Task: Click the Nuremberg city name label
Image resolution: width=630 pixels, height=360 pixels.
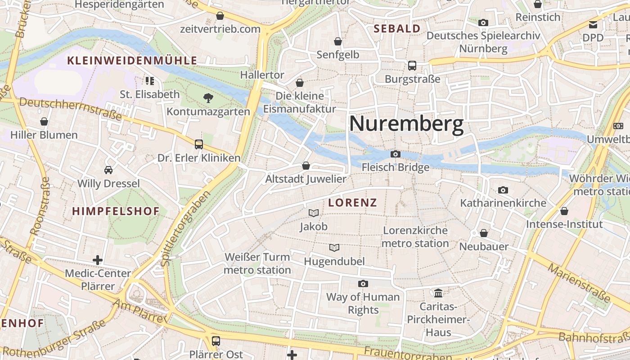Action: click(x=406, y=124)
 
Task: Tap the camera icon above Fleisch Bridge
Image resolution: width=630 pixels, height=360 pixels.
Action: click(x=396, y=154)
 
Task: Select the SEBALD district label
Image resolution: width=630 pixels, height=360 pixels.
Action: click(x=397, y=29)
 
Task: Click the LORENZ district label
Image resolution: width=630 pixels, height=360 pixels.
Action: click(x=352, y=202)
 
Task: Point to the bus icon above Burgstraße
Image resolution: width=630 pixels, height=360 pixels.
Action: click(x=412, y=66)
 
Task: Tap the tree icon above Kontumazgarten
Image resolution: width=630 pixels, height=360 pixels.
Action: click(x=208, y=97)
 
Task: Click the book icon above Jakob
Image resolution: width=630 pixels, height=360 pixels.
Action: click(x=314, y=213)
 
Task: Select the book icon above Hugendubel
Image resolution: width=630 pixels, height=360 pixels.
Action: click(x=334, y=247)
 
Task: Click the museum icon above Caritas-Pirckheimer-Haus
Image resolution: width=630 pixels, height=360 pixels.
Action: click(x=438, y=293)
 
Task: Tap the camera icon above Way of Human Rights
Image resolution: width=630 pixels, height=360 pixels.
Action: click(x=363, y=283)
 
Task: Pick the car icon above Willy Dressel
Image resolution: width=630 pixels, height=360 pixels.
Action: click(x=108, y=170)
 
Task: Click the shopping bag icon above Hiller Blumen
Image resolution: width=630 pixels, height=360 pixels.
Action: click(x=44, y=121)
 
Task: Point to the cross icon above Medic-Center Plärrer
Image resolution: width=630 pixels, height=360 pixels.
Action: click(x=98, y=260)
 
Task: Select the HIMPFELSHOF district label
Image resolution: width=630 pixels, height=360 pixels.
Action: click(x=116, y=211)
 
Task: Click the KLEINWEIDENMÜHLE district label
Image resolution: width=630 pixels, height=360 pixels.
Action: click(x=132, y=61)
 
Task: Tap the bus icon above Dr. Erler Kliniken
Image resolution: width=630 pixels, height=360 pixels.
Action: click(x=199, y=144)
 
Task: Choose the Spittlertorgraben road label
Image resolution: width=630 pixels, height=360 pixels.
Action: click(x=185, y=228)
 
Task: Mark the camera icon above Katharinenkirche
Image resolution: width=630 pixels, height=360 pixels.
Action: click(x=503, y=190)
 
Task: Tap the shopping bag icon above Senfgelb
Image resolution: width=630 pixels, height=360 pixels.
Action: click(x=338, y=42)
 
